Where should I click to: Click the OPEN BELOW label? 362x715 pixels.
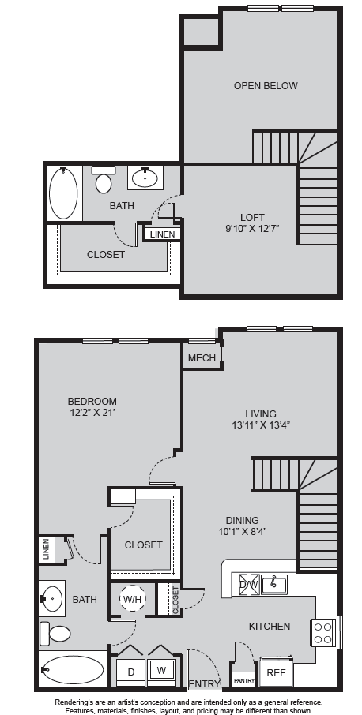click(266, 86)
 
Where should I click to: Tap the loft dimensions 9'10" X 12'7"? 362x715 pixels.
click(252, 228)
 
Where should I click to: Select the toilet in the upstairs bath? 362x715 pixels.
click(104, 179)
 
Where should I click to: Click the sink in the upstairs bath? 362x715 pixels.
click(145, 177)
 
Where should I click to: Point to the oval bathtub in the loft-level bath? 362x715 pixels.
click(63, 193)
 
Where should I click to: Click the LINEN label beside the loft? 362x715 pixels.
click(163, 234)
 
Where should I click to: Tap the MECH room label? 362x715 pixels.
click(202, 358)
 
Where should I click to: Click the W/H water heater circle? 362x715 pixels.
click(132, 600)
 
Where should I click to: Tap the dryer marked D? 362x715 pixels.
click(131, 672)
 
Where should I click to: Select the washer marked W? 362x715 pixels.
click(161, 671)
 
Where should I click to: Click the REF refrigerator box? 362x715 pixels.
click(276, 672)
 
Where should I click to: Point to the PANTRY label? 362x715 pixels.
click(244, 681)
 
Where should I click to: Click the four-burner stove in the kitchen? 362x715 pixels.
click(323, 634)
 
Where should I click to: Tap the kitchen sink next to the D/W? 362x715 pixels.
click(274, 585)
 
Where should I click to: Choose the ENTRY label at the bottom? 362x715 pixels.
click(204, 684)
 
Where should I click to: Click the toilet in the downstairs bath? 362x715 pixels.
click(55, 634)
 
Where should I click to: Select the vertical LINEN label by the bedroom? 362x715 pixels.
click(46, 550)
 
